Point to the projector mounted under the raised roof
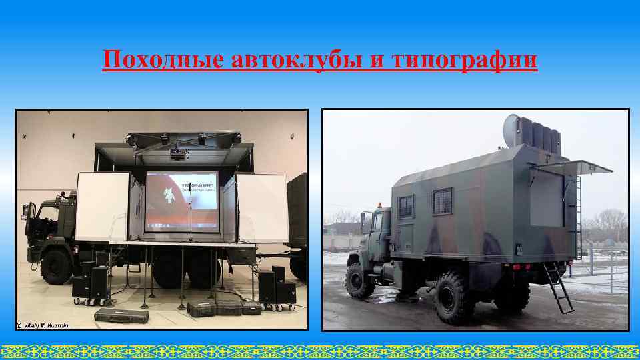point(177,155)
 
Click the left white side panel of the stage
point(103,206)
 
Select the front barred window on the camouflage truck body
point(406,206)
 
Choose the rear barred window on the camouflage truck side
point(442,201)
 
